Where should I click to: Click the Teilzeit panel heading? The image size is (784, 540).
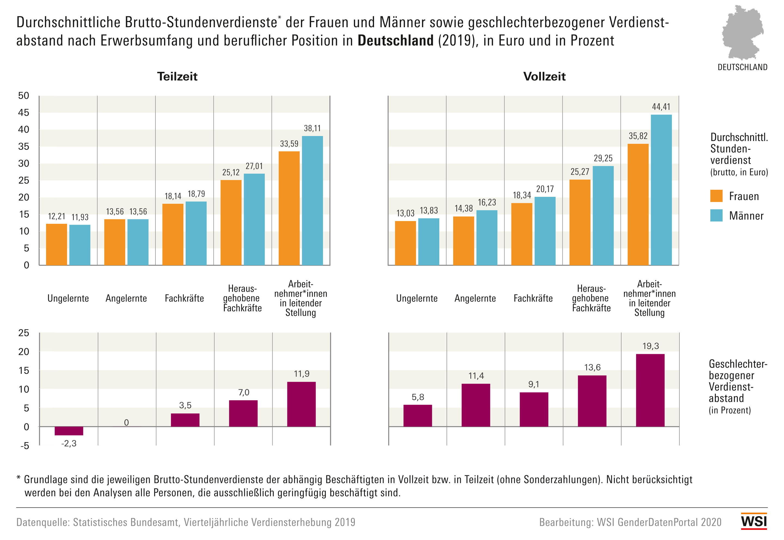tap(177, 76)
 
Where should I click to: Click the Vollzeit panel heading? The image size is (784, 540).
tap(544, 76)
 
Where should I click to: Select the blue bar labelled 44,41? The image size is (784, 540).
tap(661, 190)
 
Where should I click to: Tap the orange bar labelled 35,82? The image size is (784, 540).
tap(638, 204)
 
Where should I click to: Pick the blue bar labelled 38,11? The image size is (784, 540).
tap(312, 200)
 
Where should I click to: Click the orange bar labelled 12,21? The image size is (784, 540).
tap(57, 244)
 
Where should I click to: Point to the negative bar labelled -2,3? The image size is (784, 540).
tap(69, 431)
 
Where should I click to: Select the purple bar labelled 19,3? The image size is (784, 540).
tap(650, 390)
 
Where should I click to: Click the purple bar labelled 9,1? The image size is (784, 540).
tap(534, 409)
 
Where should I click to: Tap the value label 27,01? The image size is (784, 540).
tap(254, 166)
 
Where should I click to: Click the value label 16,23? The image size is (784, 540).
tap(487, 202)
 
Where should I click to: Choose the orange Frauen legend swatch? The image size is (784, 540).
tap(716, 196)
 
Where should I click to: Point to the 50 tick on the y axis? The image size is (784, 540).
tap(24, 96)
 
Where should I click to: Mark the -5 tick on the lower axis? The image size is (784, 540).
tap(24, 446)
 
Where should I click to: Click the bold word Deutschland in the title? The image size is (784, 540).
tap(395, 41)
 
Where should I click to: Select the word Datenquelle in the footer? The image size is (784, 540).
tap(42, 522)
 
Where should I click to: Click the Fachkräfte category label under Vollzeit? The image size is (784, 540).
tap(533, 299)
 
